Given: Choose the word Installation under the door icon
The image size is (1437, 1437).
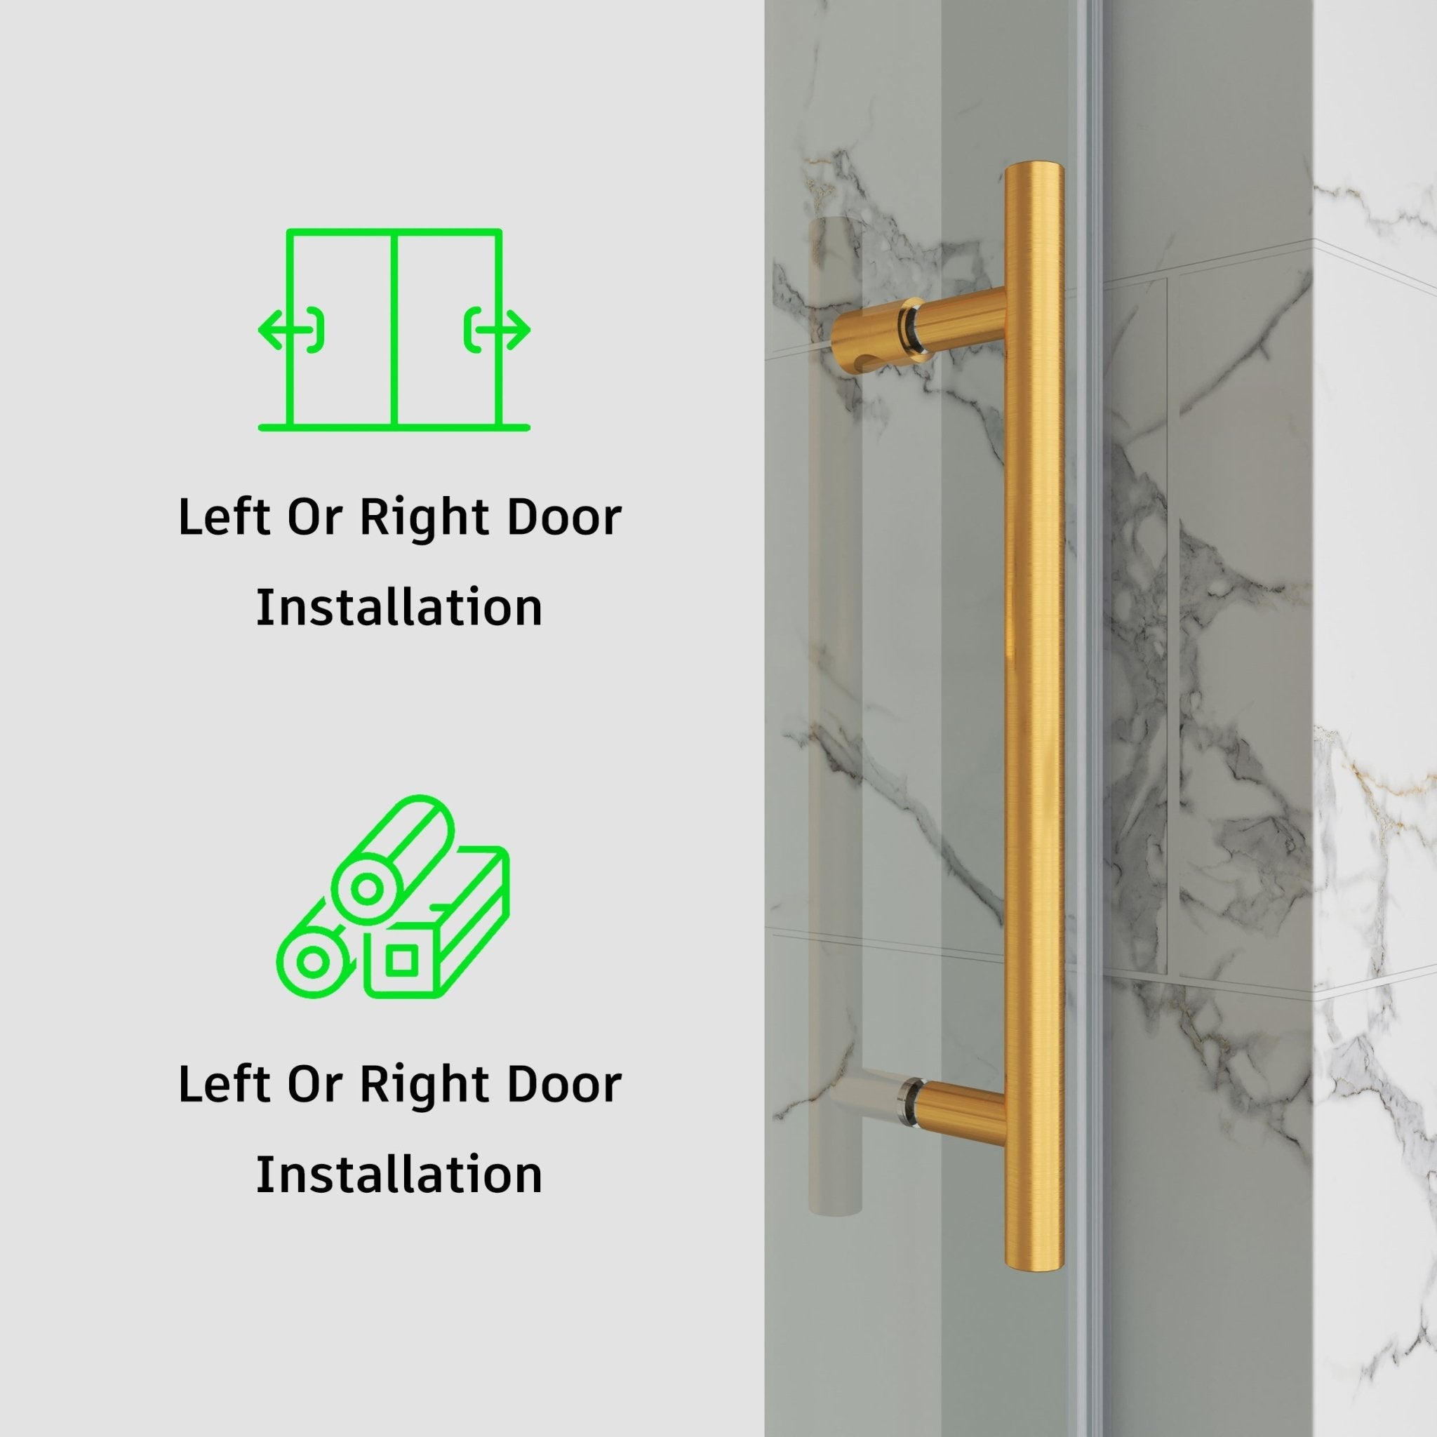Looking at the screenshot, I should [x=399, y=608].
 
